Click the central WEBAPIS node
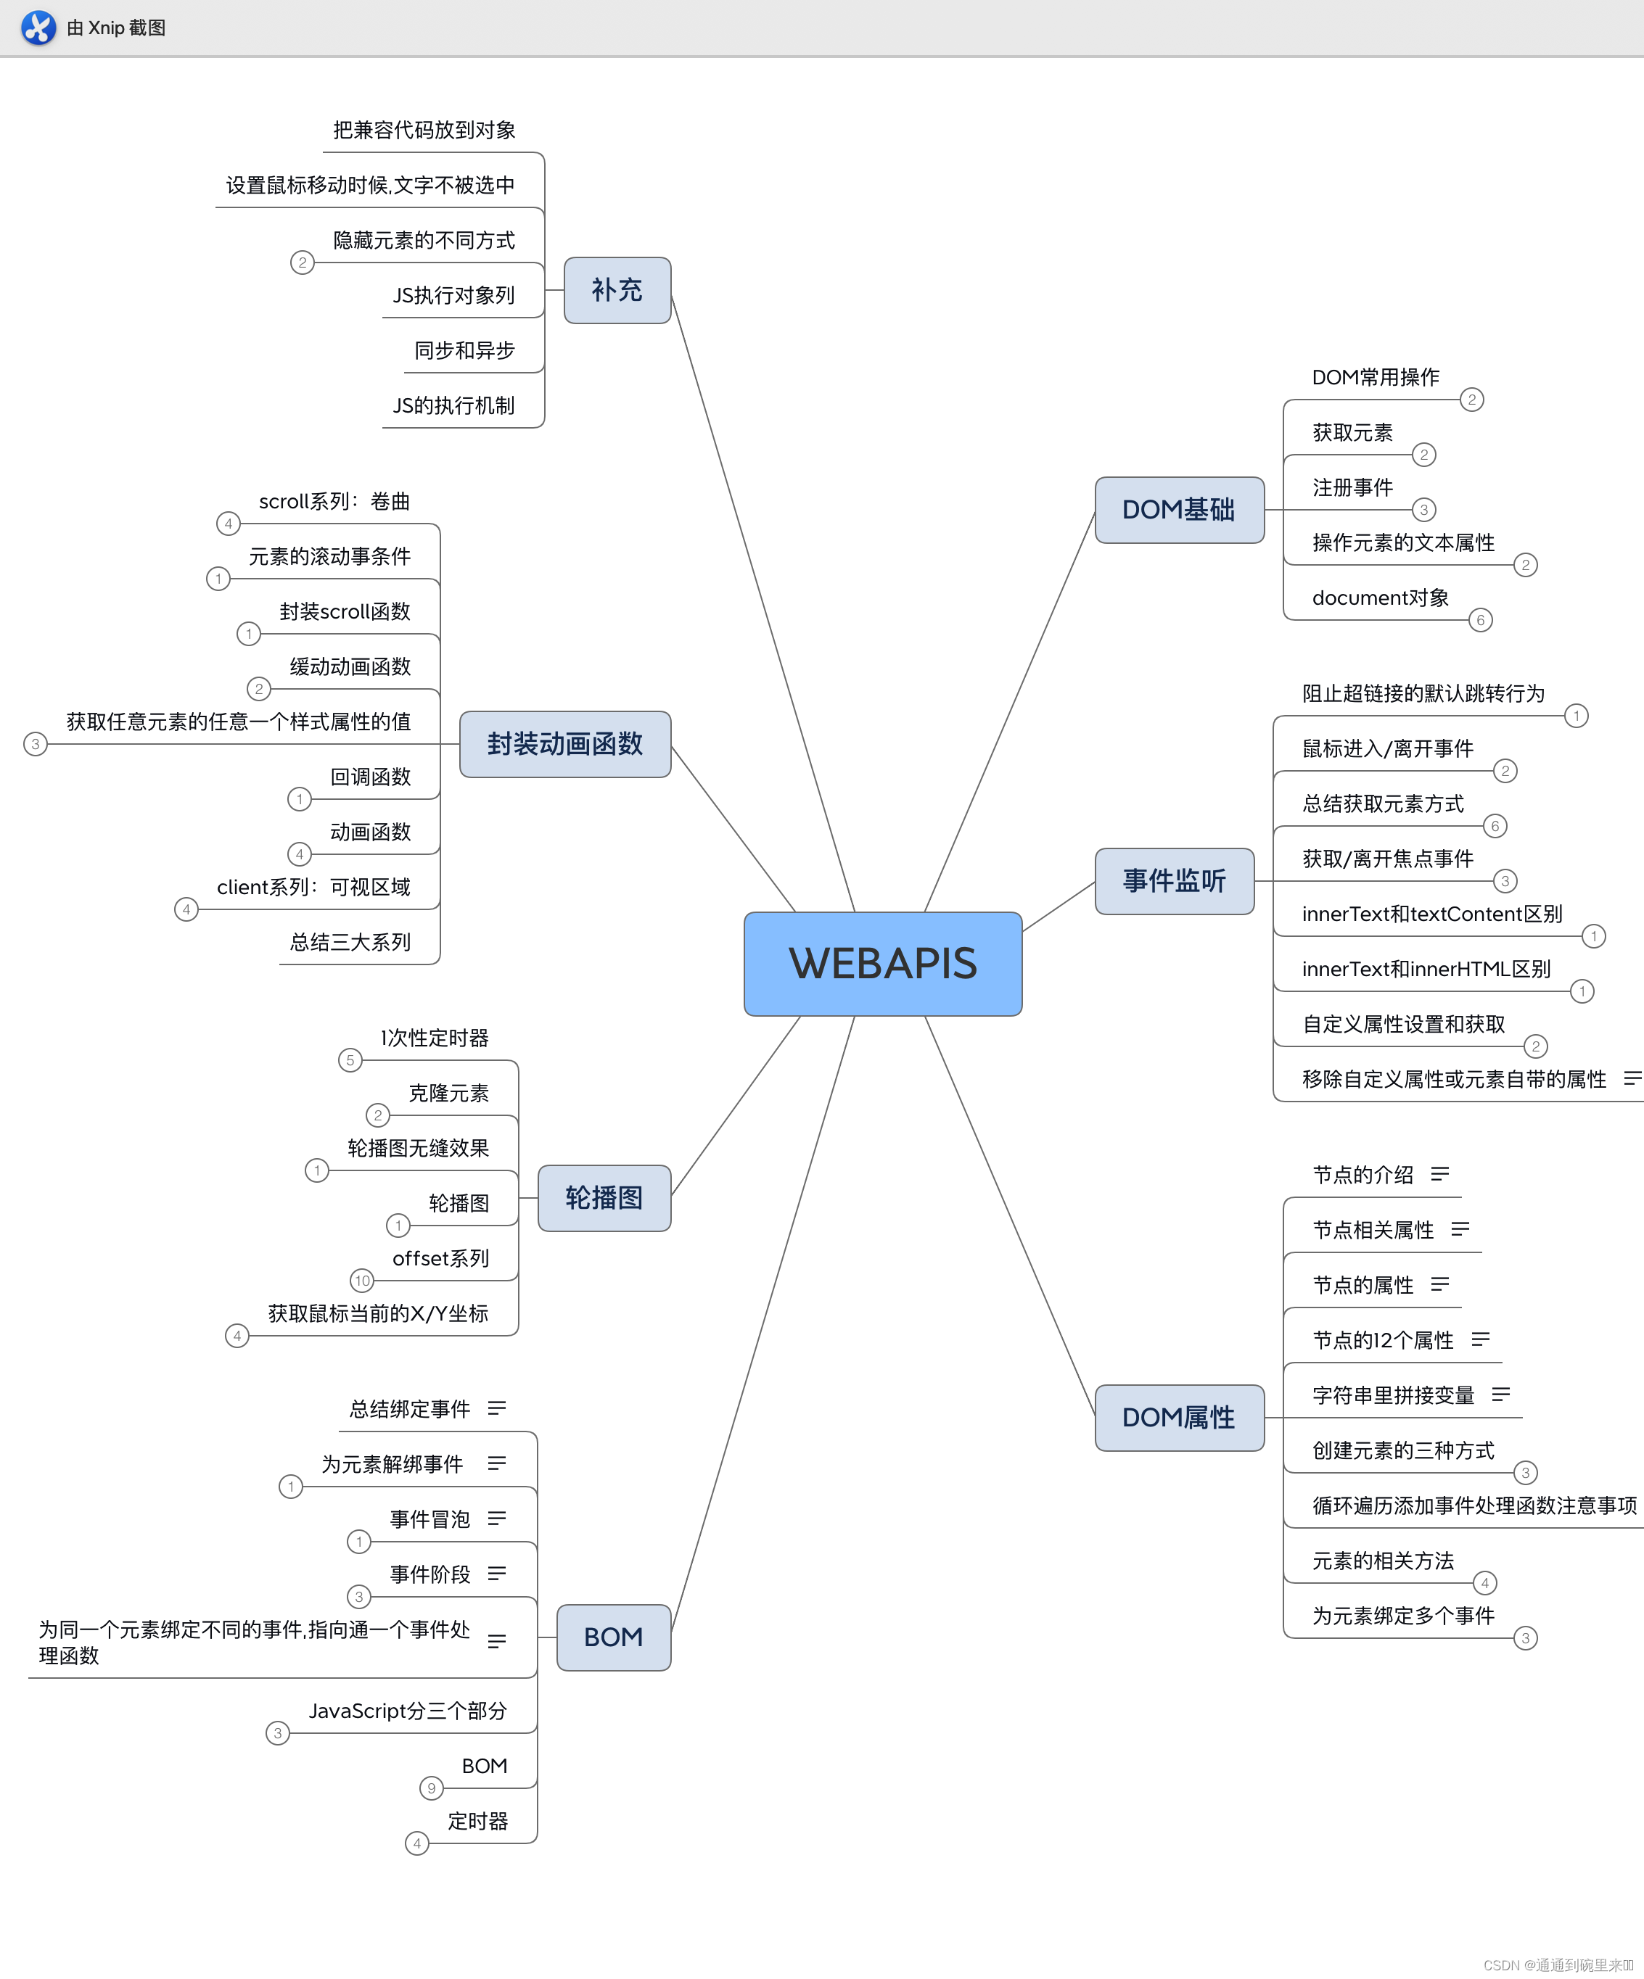coord(882,963)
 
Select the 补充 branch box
coord(617,290)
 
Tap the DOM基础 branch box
coord(1178,510)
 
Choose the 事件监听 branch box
coord(1174,881)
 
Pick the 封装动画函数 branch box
coord(564,745)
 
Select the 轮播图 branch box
coord(604,1198)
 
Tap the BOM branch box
coord(613,1637)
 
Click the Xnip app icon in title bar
coord(38,28)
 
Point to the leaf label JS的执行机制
coord(453,406)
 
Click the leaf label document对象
coord(1380,598)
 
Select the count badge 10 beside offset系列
coord(362,1281)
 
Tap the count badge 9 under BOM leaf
coord(431,1788)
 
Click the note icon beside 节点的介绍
coord(1439,1174)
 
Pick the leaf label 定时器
coord(478,1821)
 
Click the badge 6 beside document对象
coord(1480,620)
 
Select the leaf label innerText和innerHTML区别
coord(1426,969)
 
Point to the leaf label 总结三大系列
coord(350,943)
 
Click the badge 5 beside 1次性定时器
coord(350,1060)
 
